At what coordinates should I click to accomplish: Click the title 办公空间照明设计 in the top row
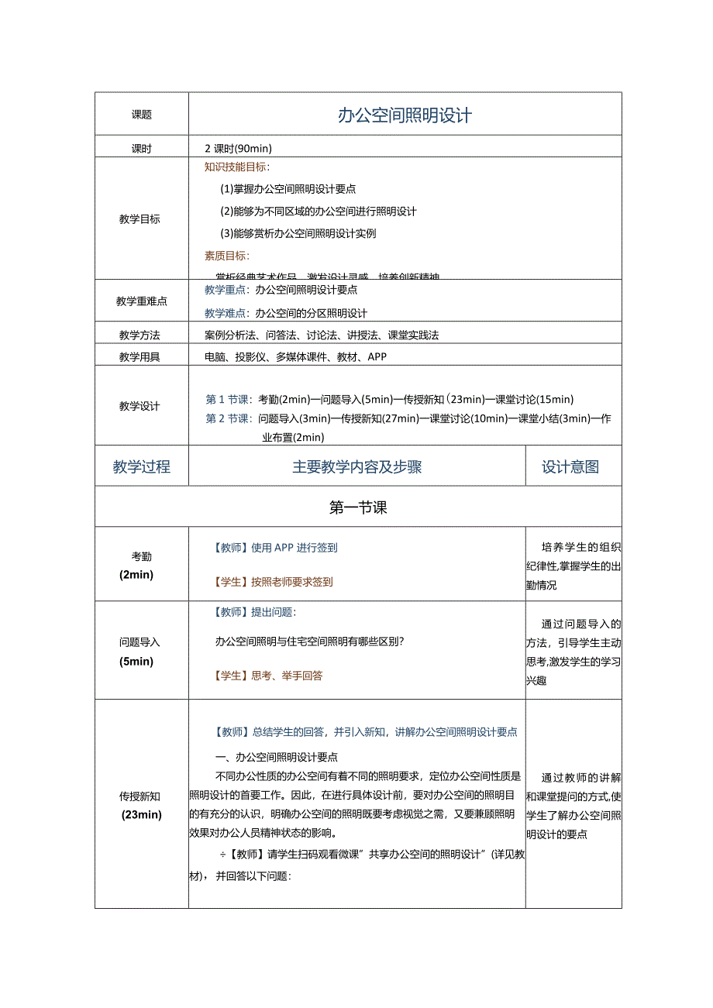point(405,115)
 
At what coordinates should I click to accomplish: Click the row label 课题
point(142,115)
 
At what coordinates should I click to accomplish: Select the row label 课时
point(142,149)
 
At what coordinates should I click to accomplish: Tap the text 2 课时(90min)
point(238,149)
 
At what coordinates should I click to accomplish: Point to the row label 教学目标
point(140,219)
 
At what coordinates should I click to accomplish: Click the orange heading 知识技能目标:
point(237,167)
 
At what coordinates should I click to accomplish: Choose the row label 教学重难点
point(142,301)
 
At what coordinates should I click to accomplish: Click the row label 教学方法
point(140,335)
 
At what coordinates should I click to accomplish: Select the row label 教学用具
point(140,357)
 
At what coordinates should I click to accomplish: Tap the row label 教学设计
point(140,406)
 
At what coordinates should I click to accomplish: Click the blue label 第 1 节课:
point(229,400)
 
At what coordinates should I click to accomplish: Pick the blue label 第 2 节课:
point(229,418)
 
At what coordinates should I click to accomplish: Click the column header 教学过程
point(142,466)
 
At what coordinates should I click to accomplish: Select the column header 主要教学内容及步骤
point(356,466)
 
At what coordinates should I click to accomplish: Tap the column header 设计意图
point(570,466)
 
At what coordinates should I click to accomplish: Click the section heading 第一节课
point(358,507)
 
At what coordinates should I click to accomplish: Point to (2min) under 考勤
point(136,575)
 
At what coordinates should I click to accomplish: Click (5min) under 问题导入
point(136,662)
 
